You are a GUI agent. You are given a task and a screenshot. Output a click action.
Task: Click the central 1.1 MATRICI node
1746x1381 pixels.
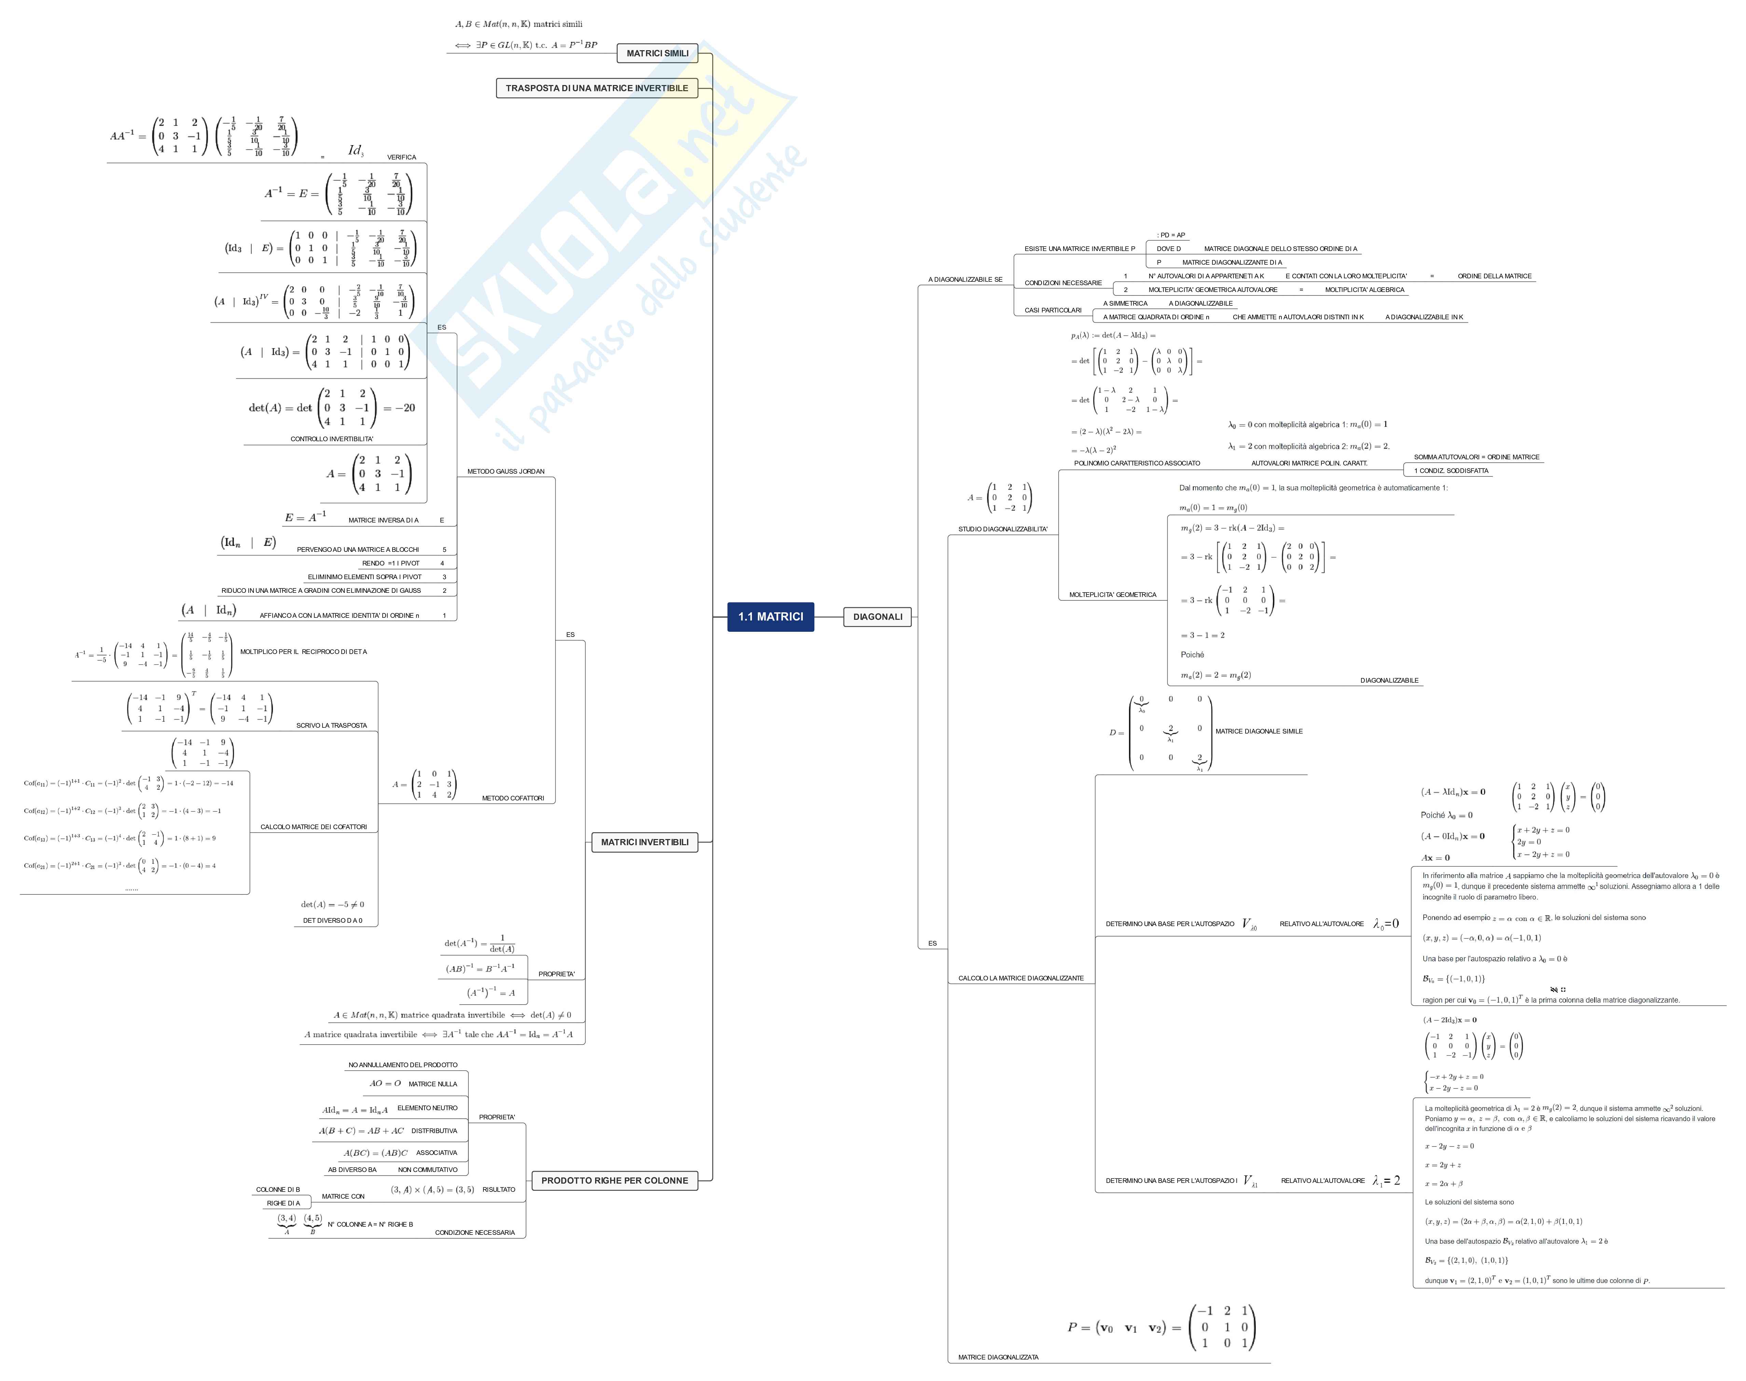tap(770, 617)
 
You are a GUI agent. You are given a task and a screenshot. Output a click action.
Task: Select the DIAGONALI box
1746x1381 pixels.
tap(878, 617)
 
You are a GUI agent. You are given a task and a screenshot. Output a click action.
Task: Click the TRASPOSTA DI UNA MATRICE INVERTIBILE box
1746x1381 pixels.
tap(597, 88)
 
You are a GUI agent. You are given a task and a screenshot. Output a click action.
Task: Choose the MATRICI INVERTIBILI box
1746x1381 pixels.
tap(645, 842)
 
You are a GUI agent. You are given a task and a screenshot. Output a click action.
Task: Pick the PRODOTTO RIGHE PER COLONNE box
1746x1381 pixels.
tap(615, 1181)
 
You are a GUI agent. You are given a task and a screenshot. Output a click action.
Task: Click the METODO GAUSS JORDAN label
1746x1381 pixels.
tap(506, 471)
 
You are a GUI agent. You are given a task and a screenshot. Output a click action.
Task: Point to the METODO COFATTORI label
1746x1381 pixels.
tap(513, 798)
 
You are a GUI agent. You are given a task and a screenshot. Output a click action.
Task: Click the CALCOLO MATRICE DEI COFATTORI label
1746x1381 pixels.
tap(313, 827)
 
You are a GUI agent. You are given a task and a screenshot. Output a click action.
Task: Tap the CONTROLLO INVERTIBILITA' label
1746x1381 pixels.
tap(332, 439)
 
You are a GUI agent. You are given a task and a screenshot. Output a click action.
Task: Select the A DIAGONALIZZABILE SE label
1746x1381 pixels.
tap(965, 280)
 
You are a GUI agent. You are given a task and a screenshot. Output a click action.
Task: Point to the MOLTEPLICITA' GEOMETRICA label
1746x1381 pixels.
tap(1112, 595)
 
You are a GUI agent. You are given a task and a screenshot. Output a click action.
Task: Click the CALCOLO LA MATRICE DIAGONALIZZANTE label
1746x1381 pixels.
tap(1021, 978)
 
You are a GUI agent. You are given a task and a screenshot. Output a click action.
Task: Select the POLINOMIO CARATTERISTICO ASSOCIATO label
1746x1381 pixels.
tap(1136, 463)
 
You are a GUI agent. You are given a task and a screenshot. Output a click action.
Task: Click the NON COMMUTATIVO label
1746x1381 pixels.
tap(427, 1170)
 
